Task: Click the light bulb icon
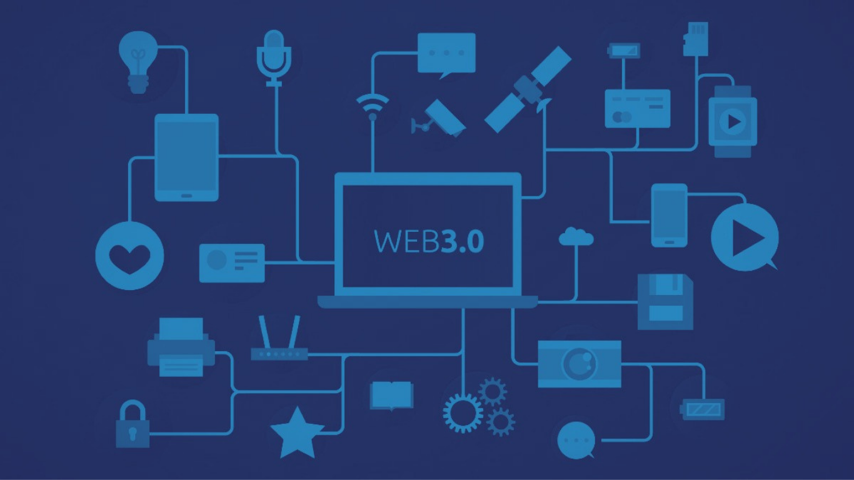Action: tap(138, 62)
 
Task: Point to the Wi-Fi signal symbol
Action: tap(373, 107)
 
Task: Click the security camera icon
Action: tap(438, 119)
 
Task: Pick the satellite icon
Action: tap(528, 90)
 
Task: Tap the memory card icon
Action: tap(696, 39)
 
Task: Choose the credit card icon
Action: tap(638, 109)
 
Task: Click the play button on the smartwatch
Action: tap(733, 122)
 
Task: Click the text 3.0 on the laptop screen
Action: tap(463, 242)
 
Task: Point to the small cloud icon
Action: tap(576, 237)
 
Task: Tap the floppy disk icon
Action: tap(665, 302)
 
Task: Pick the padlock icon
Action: tap(133, 424)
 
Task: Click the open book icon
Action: tap(391, 396)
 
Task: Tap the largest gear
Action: tap(463, 413)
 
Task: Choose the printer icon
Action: tap(181, 347)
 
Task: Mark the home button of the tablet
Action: tap(186, 196)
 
